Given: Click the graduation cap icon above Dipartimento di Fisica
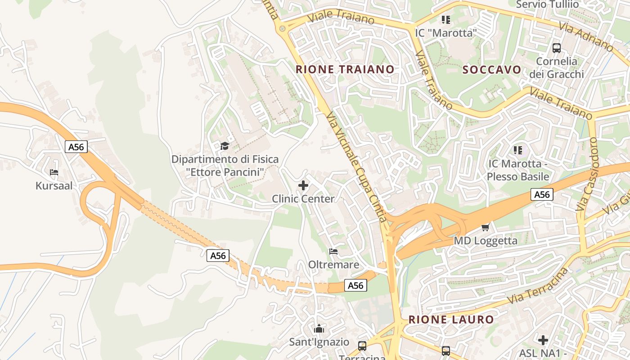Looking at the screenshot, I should point(225,145).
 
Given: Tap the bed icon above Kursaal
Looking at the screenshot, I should point(54,172).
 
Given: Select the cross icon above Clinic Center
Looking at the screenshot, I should point(303,185).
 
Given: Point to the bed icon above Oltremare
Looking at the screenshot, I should point(333,251).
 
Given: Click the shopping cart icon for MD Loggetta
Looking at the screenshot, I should point(485,227).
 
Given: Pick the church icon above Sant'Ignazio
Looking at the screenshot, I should point(319,328).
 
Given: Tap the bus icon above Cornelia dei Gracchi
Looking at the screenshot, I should point(557,48).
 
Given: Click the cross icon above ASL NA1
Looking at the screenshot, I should point(543,340).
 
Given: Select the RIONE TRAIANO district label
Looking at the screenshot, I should point(345,69).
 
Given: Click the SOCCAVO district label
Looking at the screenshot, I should point(492,70).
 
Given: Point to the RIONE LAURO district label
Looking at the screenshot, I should point(451,320).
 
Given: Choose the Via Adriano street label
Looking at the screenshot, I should point(586,36).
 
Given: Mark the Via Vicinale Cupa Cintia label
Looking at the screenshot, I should point(357,167).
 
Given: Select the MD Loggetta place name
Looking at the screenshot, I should point(486,241).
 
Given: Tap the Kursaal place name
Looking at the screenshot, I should point(54,185).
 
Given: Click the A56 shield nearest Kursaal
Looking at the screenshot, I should point(76,146).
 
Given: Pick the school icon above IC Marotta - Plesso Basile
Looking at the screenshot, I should point(517,150).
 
